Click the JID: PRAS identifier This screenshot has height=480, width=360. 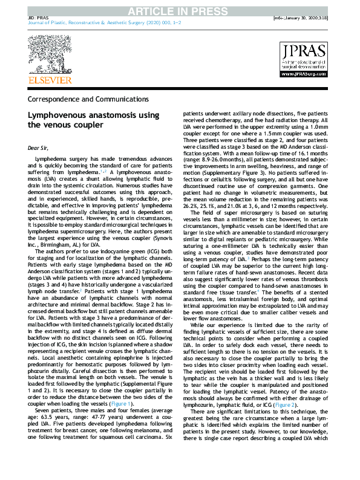pyautogui.click(x=39, y=19)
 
